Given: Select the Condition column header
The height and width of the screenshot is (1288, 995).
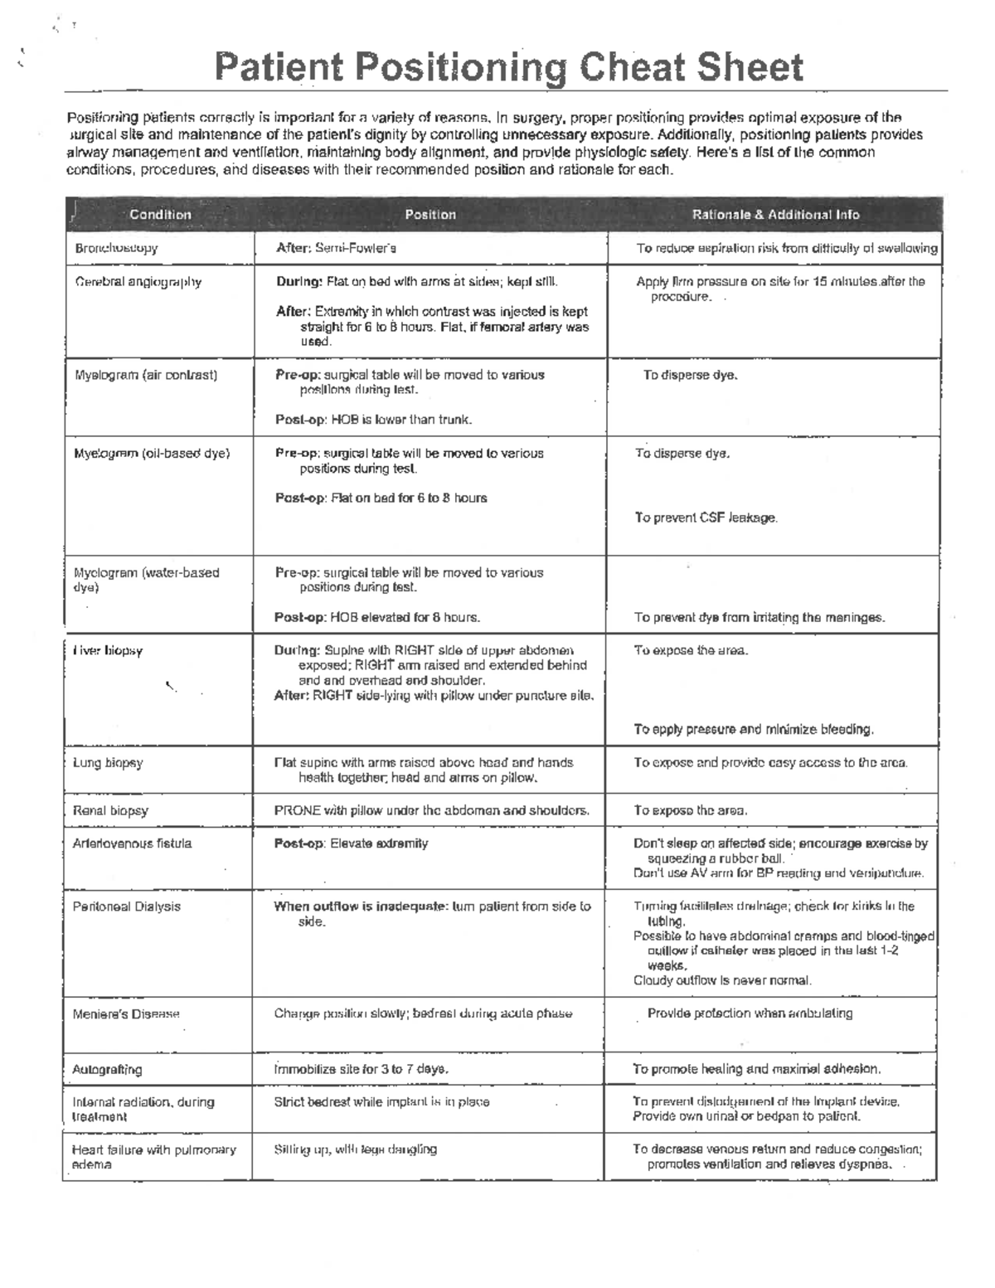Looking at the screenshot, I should tap(160, 215).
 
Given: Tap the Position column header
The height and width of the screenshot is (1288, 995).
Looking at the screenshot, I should tap(430, 215).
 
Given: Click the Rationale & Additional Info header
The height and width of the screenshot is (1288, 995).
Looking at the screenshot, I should tap(775, 215).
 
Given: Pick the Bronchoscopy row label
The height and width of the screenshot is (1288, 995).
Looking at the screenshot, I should tap(116, 248).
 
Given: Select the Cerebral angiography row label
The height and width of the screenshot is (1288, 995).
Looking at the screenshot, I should tap(138, 282).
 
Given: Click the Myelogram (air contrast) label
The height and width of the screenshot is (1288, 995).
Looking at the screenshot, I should tap(146, 375).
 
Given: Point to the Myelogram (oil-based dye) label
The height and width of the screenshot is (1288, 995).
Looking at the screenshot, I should tap(152, 454).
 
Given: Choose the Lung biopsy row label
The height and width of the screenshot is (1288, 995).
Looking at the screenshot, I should tap(108, 763).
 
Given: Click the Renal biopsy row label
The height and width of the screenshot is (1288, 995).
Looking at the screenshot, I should tap(110, 811).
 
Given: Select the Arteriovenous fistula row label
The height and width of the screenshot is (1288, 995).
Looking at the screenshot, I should tap(132, 843).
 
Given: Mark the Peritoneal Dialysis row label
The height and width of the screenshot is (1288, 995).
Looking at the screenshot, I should tap(126, 906).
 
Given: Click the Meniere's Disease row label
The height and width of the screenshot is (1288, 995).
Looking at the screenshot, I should tap(126, 1014).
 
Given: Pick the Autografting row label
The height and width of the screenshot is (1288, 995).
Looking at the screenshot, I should tap(107, 1070).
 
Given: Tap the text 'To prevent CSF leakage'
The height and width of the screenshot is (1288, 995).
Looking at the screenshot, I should tap(706, 518).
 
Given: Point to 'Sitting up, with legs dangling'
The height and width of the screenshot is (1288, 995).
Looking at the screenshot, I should tap(356, 1149).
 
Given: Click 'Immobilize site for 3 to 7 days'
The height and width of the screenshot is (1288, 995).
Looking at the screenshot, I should tap(362, 1070).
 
